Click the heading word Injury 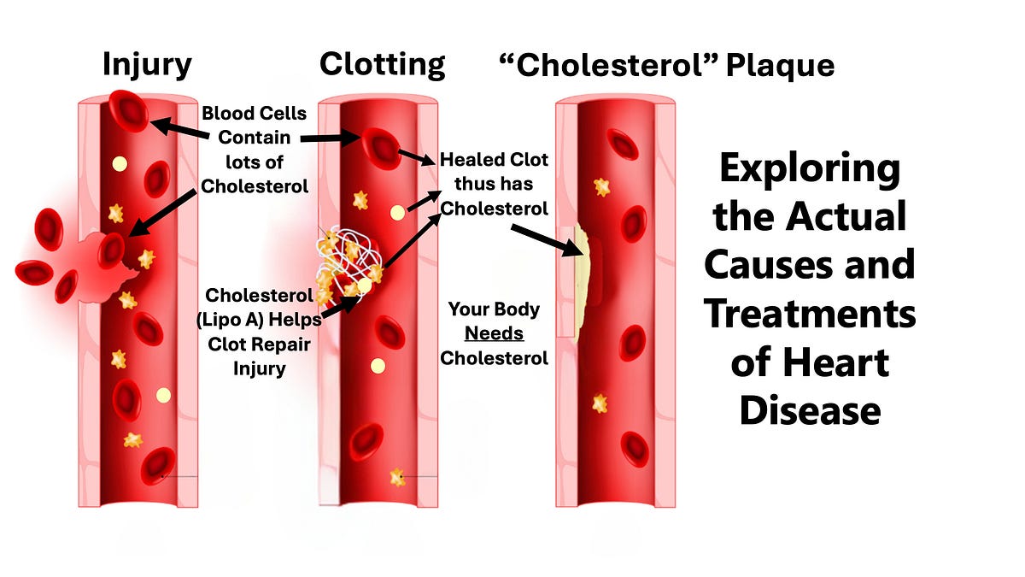pyautogui.click(x=147, y=64)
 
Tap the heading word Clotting pyautogui.click(x=382, y=64)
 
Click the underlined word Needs pyautogui.click(x=495, y=333)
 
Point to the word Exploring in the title pyautogui.click(x=809, y=168)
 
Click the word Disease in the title pyautogui.click(x=809, y=410)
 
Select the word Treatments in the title pyautogui.click(x=809, y=315)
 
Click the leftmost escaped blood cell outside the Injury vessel pyautogui.click(x=37, y=273)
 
